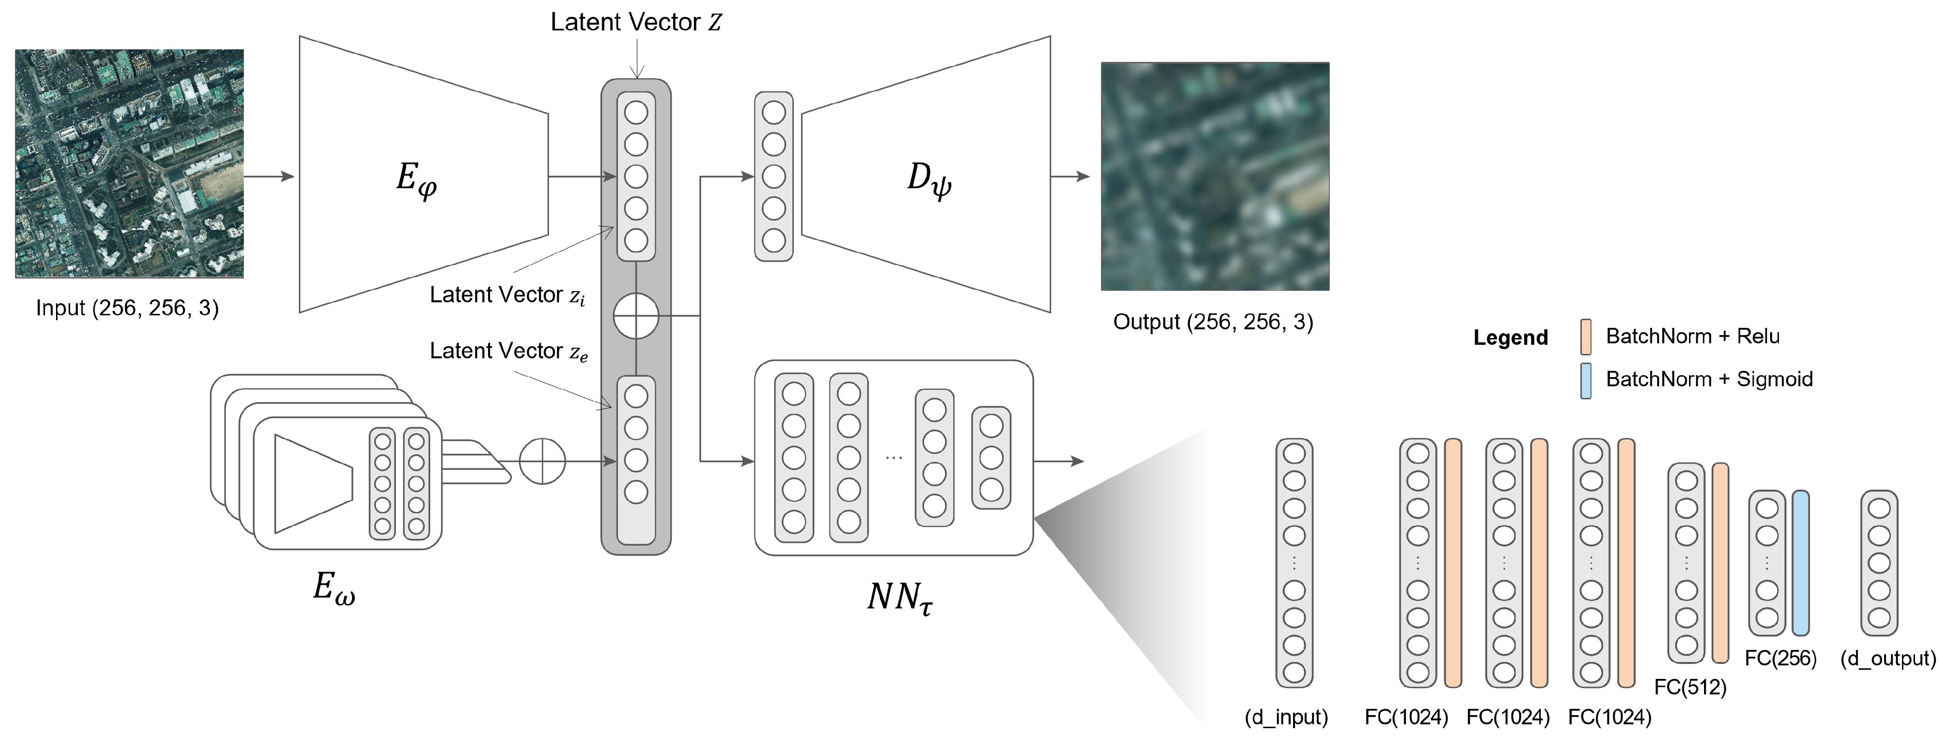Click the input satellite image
[129, 164]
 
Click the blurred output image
[1214, 176]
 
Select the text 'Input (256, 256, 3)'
[127, 308]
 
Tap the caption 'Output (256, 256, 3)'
[1213, 322]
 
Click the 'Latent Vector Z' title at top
[636, 22]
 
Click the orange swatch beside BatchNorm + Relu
[1586, 337]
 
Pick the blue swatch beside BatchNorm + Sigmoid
[1586, 381]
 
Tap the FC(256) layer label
[1780, 658]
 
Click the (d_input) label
[1286, 717]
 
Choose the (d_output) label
[1888, 658]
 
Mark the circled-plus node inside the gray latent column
[636, 315]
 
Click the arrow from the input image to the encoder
[268, 177]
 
